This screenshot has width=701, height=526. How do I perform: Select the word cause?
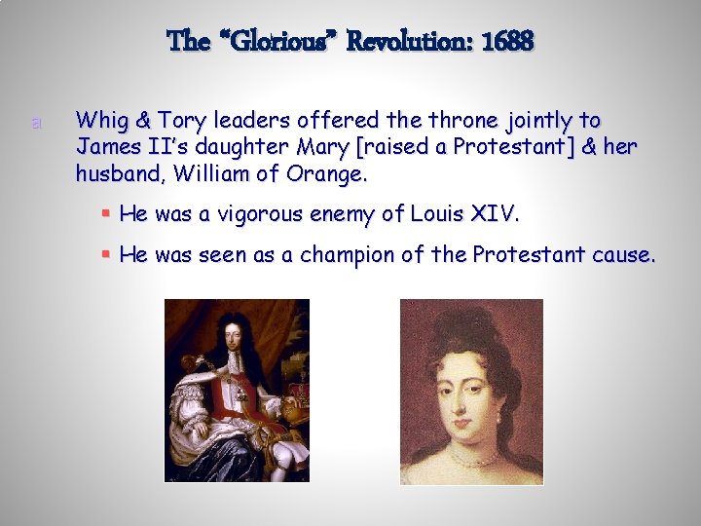(626, 255)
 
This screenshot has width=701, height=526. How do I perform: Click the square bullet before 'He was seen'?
(106, 255)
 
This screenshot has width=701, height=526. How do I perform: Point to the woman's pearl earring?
(498, 417)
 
